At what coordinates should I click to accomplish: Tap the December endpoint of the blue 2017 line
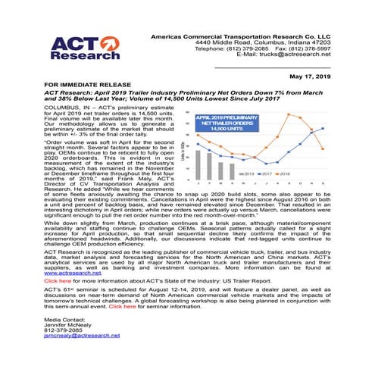[x=323, y=128]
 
